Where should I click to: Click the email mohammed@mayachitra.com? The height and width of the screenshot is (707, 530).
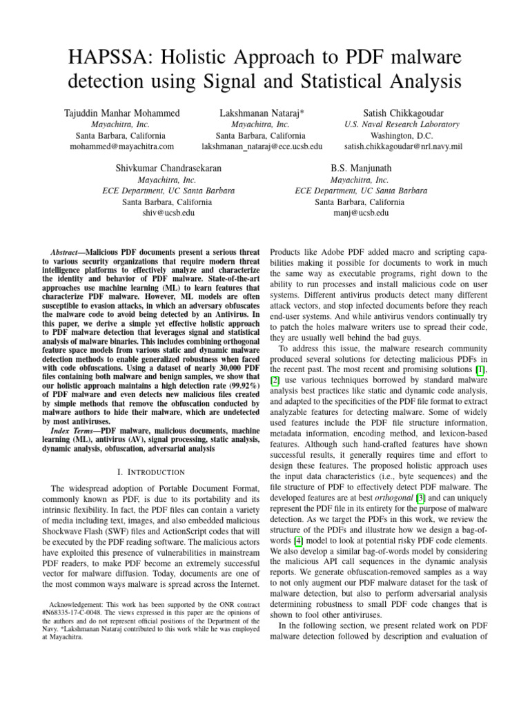tap(121, 146)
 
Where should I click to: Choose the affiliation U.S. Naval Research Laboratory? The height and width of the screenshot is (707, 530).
tap(401, 124)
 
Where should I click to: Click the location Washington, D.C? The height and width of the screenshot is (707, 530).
tap(401, 135)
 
